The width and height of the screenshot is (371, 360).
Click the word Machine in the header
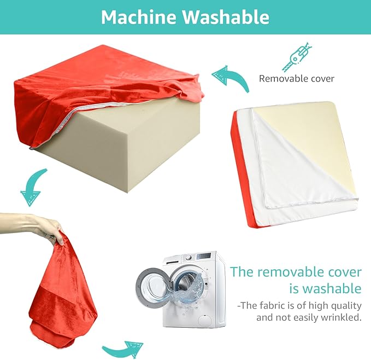point(139,17)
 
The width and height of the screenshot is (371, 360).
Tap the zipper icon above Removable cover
point(297,57)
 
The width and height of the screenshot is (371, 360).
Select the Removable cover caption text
point(297,78)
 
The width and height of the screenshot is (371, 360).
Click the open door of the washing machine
point(154,288)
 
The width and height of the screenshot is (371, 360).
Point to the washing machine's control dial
point(188,258)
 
